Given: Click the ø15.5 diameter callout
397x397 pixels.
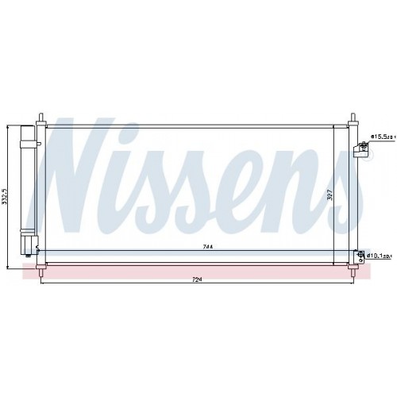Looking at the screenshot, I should (x=383, y=137).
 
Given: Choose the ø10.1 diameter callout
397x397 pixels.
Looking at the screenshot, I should (x=383, y=256).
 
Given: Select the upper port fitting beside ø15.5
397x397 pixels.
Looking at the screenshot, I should (x=364, y=145).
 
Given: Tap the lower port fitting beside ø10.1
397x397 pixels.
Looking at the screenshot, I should (x=363, y=255).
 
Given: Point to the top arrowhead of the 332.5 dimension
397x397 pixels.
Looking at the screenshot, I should (x=9, y=125).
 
